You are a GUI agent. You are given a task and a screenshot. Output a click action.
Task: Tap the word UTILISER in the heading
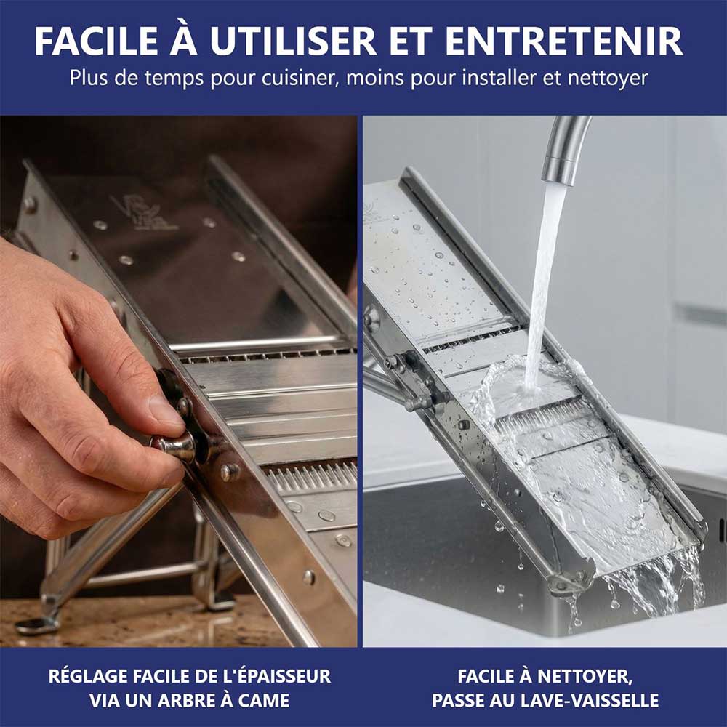pos(292,41)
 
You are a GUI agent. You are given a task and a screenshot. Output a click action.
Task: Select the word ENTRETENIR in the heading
pos(563,41)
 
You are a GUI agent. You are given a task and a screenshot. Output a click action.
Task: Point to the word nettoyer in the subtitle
pos(607,79)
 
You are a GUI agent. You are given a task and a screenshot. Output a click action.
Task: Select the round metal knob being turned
pos(174,446)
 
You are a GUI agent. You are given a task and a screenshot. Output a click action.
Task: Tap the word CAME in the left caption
pos(265,700)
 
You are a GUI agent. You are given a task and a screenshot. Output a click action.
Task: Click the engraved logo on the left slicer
pos(142,213)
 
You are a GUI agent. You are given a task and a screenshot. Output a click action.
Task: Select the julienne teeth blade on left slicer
pos(310,476)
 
